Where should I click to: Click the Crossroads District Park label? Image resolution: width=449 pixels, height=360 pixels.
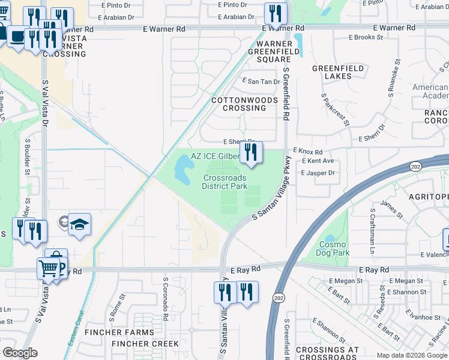click(x=225, y=182)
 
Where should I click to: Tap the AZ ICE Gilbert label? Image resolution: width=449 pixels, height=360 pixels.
click(x=215, y=156)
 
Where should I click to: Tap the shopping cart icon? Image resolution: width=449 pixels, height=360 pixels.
click(x=48, y=268)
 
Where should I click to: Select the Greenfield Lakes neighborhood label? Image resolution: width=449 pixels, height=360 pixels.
click(x=338, y=73)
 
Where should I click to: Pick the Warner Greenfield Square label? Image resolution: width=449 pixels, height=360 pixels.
click(x=274, y=52)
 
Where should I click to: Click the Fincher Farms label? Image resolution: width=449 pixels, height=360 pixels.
click(x=119, y=332)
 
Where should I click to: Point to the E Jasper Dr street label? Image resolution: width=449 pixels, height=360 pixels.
click(x=318, y=173)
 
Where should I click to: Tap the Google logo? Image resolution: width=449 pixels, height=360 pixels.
click(x=20, y=353)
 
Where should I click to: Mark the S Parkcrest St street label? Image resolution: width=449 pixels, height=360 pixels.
click(x=335, y=109)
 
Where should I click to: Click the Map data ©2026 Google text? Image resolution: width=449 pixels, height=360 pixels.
click(x=411, y=355)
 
